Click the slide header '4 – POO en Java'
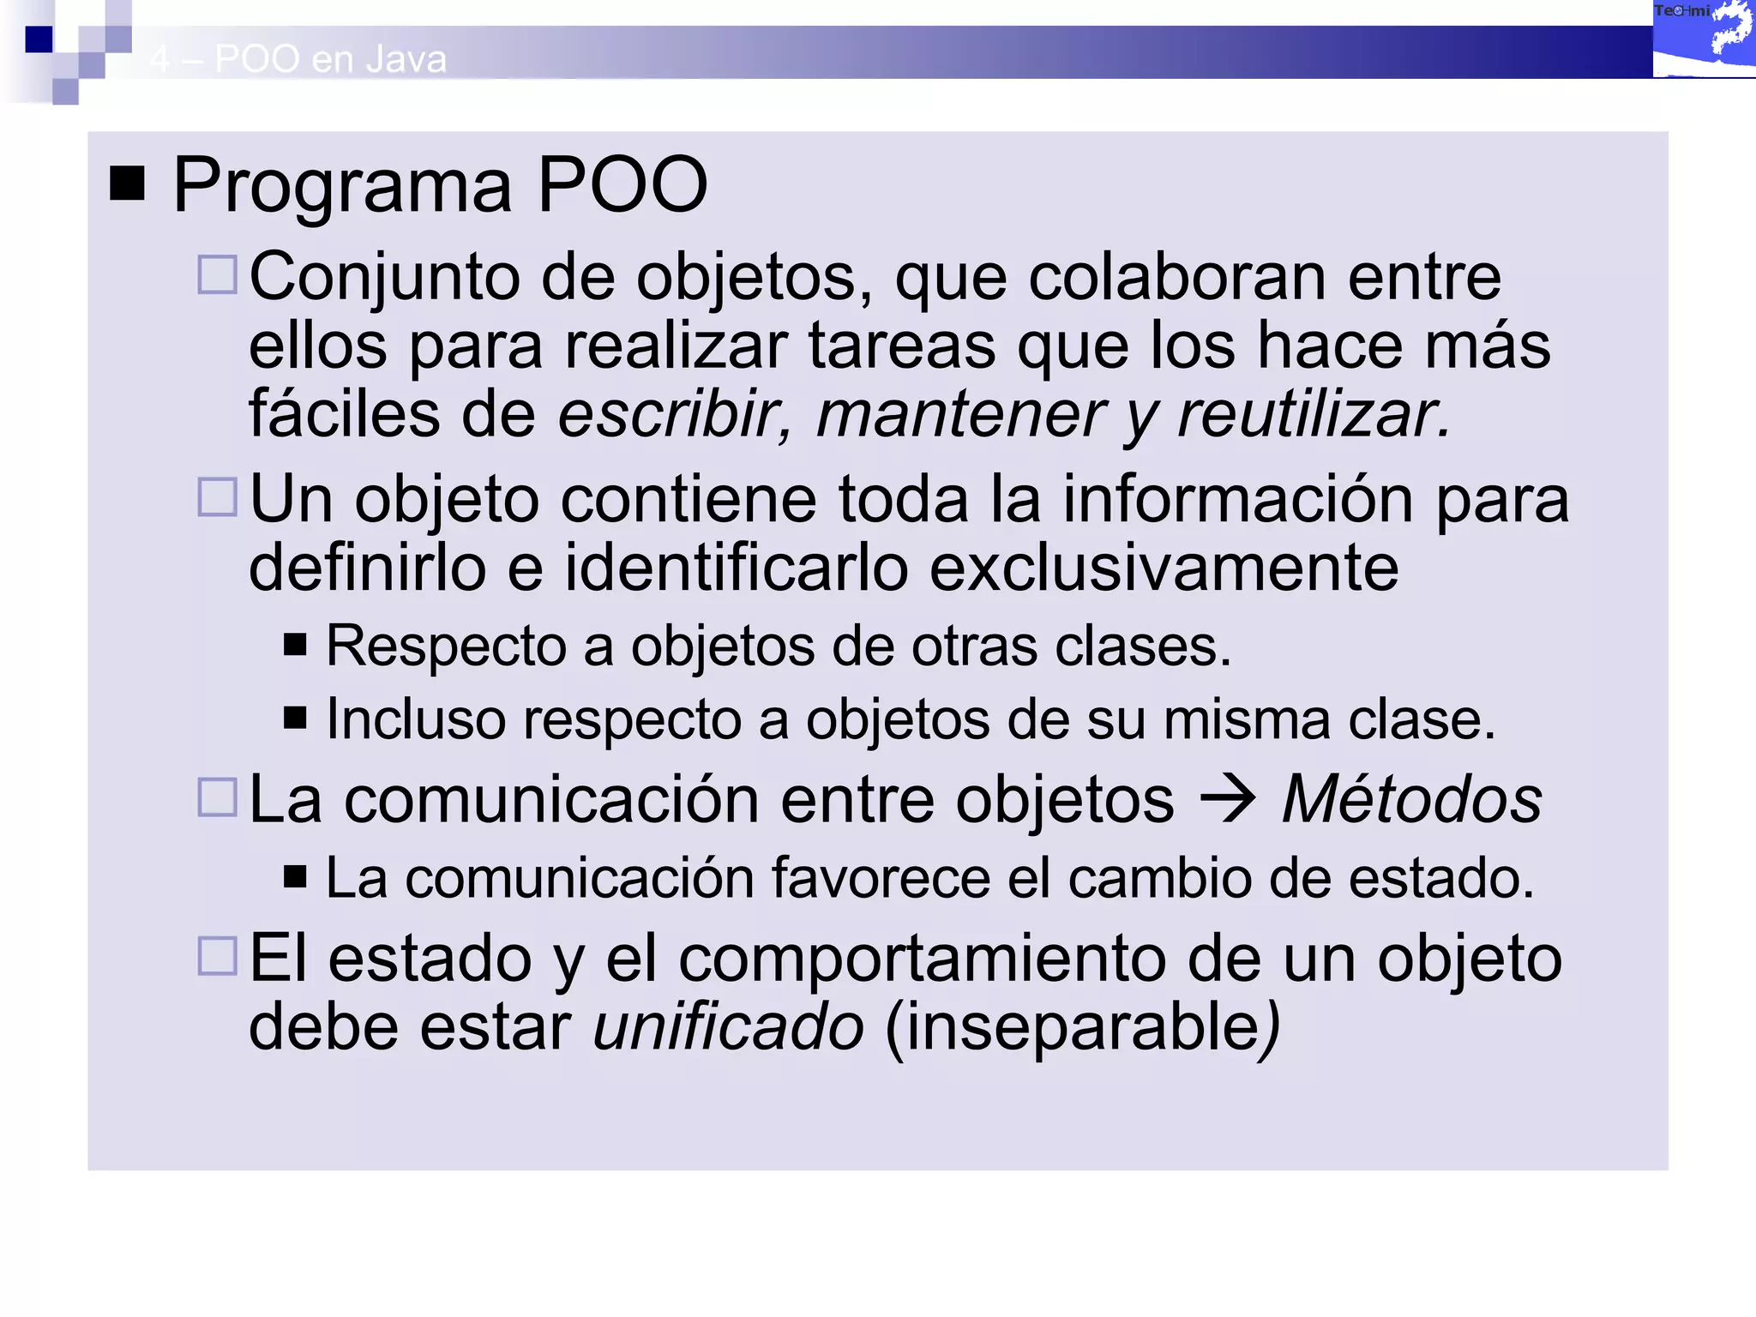click(x=298, y=59)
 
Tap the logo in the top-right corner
click(x=1704, y=39)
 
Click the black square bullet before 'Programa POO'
click(x=128, y=183)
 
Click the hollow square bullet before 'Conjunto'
click(x=217, y=275)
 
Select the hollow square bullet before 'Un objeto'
click(x=217, y=497)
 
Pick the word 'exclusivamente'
click(x=1164, y=568)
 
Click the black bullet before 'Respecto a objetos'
click(x=295, y=644)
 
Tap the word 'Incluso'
click(x=416, y=719)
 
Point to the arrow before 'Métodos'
click(x=1227, y=798)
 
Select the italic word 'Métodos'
click(x=1411, y=799)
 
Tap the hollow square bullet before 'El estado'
click(x=217, y=955)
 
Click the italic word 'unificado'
click(x=728, y=1027)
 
